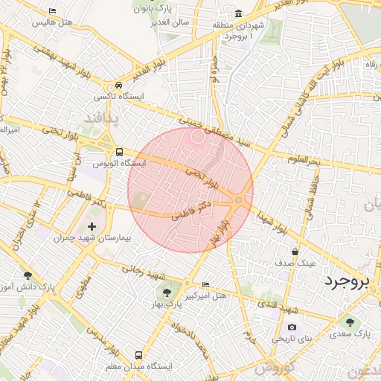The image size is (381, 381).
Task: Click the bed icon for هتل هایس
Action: pyautogui.click(x=51, y=11)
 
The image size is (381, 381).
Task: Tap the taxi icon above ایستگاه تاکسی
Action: pyautogui.click(x=109, y=86)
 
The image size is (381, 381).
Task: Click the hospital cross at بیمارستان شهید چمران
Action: pyautogui.click(x=92, y=225)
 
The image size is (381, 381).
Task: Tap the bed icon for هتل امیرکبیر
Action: pyautogui.click(x=206, y=285)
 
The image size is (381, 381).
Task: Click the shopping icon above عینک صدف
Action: pyautogui.click(x=295, y=252)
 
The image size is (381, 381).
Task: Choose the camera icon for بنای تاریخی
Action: pyautogui.click(x=292, y=327)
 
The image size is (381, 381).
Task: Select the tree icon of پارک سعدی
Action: pyautogui.click(x=350, y=321)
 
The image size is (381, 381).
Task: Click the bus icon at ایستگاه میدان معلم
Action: pyautogui.click(x=138, y=356)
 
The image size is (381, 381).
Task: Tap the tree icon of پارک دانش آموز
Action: pyautogui.click(x=28, y=275)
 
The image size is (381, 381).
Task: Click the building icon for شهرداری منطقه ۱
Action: pyautogui.click(x=238, y=13)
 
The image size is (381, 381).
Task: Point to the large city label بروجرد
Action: pyautogui.click(x=347, y=281)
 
